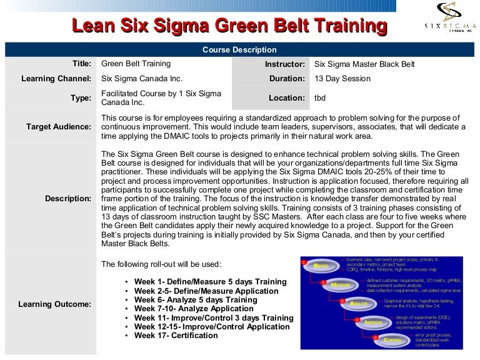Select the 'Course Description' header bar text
pyautogui.click(x=239, y=50)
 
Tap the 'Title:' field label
pyautogui.click(x=81, y=64)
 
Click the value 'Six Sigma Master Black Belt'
pyautogui.click(x=364, y=64)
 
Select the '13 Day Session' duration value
pyautogui.click(x=342, y=79)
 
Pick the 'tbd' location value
pyautogui.click(x=320, y=98)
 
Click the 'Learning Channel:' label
pyautogui.click(x=56, y=79)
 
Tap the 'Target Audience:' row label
pyautogui.click(x=59, y=127)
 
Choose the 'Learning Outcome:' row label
pyautogui.click(x=56, y=304)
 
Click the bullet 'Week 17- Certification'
pyautogui.click(x=176, y=336)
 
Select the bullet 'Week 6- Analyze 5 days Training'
pyautogui.click(x=196, y=300)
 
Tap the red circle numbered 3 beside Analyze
pyautogui.click(x=341, y=301)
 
